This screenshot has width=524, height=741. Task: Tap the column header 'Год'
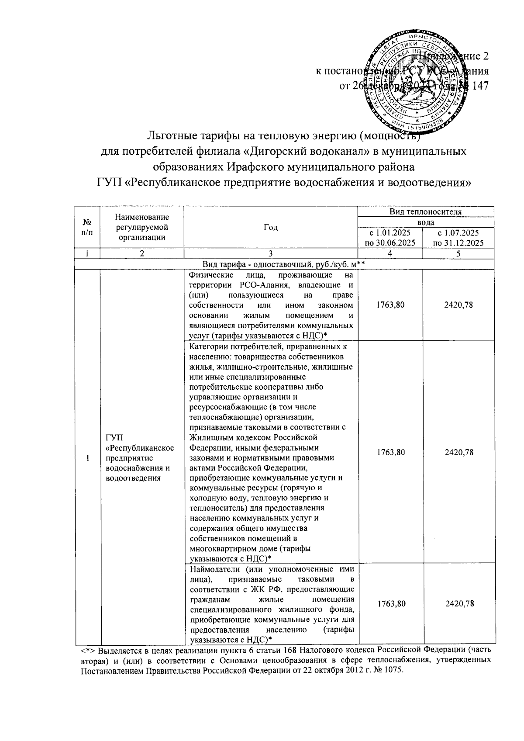(271, 227)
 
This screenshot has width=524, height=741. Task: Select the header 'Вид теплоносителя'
(425, 212)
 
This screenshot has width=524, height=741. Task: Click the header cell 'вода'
(425, 222)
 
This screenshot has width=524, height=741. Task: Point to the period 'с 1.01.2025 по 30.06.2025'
(390, 238)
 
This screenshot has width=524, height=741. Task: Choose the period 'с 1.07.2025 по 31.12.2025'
(458, 238)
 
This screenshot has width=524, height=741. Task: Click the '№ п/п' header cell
(87, 227)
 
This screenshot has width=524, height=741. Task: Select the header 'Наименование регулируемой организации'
(141, 227)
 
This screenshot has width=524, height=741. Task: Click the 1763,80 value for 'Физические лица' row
(390, 305)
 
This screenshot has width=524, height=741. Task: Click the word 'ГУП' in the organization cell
(114, 438)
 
